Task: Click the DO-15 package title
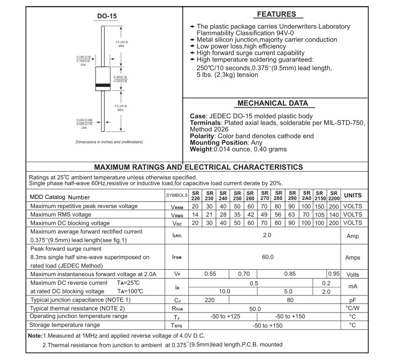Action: [107, 17]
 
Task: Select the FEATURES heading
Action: [276, 14]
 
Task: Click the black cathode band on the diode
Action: [103, 84]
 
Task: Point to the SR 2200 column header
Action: [333, 195]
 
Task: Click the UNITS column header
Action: [353, 195]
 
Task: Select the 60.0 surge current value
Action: [267, 257]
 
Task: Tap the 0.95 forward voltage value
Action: [333, 274]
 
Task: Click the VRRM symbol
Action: [177, 207]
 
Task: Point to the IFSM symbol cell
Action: [177, 258]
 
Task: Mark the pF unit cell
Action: [353, 300]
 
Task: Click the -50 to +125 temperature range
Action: [224, 316]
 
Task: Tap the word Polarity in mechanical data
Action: [202, 136]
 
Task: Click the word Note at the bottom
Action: [35, 336]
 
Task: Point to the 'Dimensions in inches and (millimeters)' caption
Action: [109, 142]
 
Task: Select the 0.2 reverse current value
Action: [326, 283]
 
